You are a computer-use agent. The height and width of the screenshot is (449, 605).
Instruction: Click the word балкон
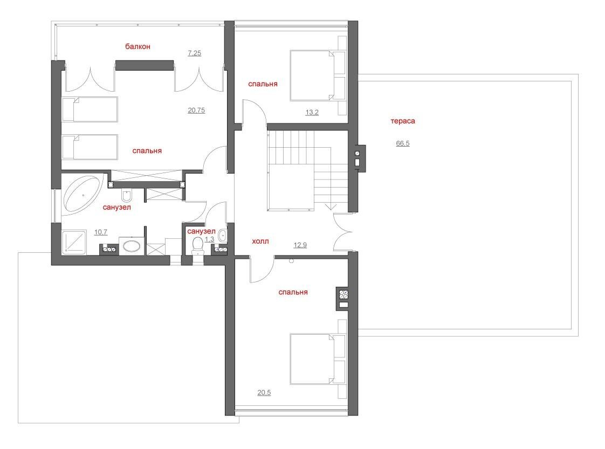point(137,47)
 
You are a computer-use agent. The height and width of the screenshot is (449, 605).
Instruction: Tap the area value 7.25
point(195,53)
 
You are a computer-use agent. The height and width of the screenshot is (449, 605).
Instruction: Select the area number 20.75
point(196,110)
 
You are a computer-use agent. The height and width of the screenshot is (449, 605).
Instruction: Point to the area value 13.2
point(312,113)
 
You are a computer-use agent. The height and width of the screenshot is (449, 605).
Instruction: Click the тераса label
point(403,121)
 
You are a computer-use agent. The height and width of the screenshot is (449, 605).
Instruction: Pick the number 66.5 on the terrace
point(403,143)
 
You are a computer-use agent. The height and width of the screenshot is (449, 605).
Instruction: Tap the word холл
point(260,241)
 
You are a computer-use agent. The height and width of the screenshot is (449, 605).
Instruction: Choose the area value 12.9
point(300,245)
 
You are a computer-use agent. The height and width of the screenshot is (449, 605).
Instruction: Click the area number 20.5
point(264,393)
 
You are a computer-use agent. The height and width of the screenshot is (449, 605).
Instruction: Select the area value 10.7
point(101,232)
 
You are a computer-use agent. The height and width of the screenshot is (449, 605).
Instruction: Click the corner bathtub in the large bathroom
point(82,194)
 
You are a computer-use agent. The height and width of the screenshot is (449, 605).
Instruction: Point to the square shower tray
point(74,242)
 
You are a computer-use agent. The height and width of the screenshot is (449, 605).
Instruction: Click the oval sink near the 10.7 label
point(132,246)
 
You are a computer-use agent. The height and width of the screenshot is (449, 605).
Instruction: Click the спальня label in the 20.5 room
point(293,292)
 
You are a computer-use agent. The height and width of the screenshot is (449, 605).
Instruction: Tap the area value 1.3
point(210,239)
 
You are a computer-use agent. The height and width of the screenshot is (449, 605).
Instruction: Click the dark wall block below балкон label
point(145,65)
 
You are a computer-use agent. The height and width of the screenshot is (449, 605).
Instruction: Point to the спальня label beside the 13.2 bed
point(263,84)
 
